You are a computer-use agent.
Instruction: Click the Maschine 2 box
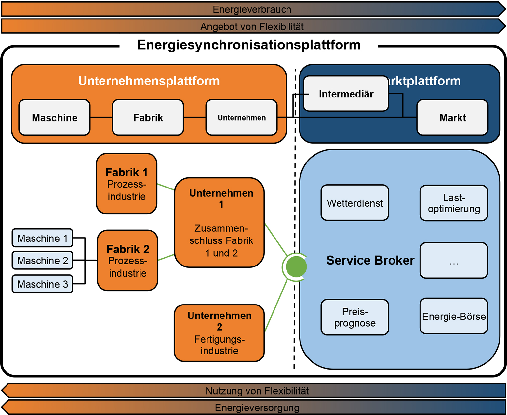pos(42,260)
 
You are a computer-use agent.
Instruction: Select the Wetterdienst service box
pos(354,203)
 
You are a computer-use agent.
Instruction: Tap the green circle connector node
pos(296,267)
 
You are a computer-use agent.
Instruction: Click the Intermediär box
pos(346,94)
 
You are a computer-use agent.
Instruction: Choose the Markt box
pos(452,117)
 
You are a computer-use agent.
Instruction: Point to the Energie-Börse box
pos(454,316)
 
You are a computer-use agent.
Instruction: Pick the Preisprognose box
pos(354,317)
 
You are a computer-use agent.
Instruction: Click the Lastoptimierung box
pos(454,203)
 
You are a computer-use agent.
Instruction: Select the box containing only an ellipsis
pos(454,260)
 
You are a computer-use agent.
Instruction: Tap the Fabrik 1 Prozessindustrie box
pos(127,184)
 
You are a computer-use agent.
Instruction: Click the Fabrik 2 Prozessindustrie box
pos(127,260)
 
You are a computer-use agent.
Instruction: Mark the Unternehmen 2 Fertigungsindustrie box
pos(219,333)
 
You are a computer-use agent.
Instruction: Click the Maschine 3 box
pos(42,284)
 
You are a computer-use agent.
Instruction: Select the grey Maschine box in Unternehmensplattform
pos(54,117)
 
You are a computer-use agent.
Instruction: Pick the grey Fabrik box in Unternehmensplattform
pos(148,117)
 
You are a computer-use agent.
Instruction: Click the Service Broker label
pos(370,260)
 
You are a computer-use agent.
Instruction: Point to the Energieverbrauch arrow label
pos(252,9)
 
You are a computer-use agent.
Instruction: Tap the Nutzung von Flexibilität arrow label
pos(257,391)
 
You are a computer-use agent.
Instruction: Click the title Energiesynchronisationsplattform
pos(249,45)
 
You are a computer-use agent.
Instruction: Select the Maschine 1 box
pos(42,238)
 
